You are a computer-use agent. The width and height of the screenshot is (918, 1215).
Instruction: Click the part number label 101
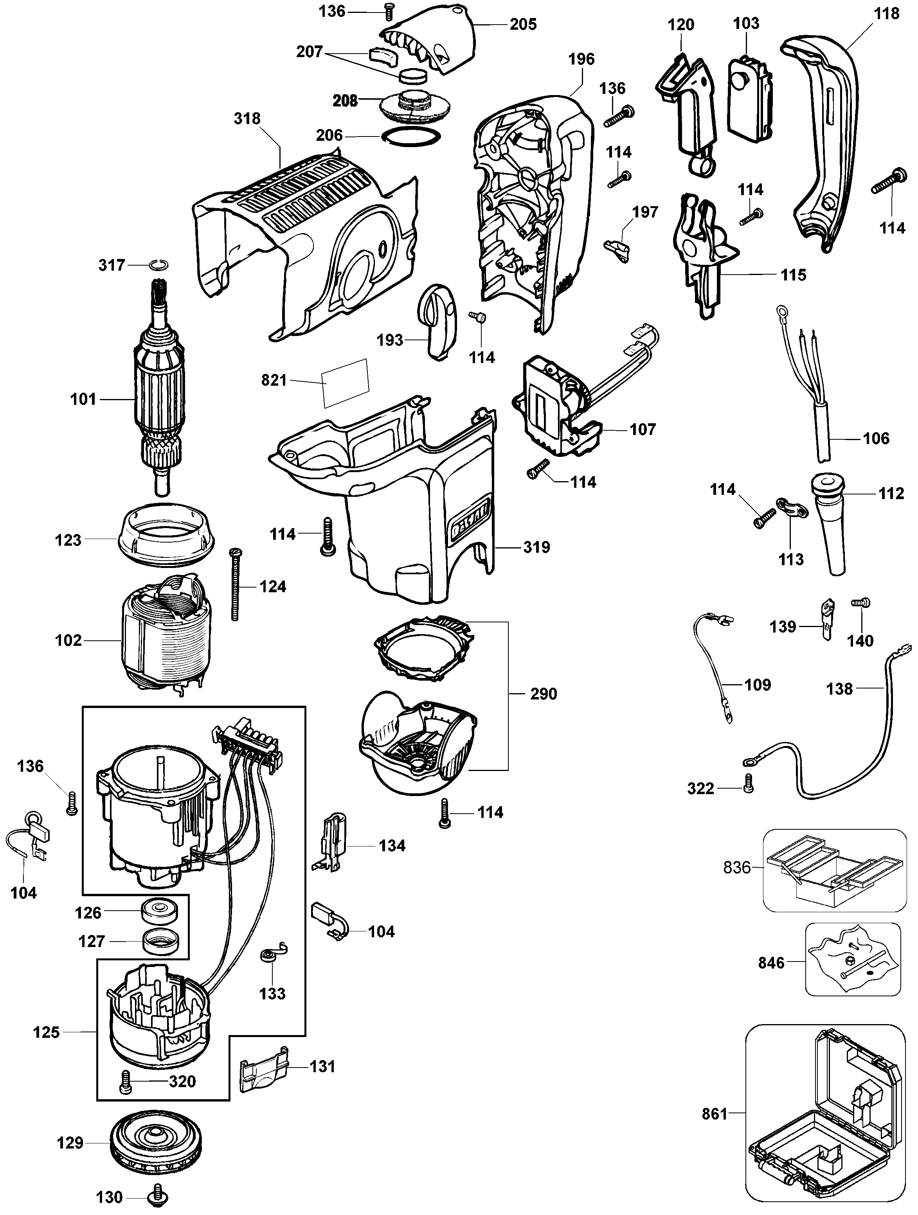click(83, 399)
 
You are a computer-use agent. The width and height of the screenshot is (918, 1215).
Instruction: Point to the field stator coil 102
click(165, 637)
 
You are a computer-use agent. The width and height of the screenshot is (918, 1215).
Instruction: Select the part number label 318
click(247, 119)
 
